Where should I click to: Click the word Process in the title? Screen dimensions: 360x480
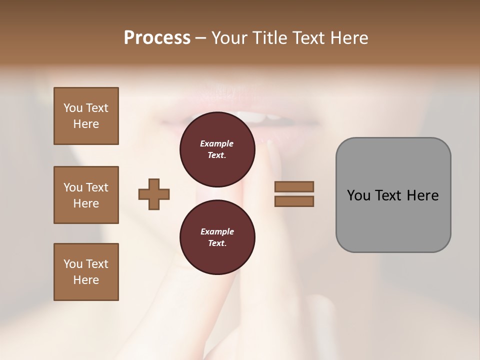point(157,38)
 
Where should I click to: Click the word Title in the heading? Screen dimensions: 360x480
point(270,38)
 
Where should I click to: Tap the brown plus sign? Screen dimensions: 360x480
point(153,194)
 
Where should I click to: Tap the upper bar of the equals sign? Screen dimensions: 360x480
point(294,186)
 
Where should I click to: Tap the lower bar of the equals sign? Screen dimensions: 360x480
point(294,201)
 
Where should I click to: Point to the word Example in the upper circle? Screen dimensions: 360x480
point(217,143)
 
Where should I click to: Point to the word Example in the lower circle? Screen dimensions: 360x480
point(217,231)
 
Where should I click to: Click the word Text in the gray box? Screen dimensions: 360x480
point(388,195)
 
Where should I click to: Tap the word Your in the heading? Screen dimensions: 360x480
point(230,38)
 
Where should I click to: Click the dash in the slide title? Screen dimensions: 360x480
point(201,38)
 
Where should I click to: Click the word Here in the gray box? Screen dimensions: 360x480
point(422,195)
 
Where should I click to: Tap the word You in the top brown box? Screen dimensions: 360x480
point(73,108)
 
